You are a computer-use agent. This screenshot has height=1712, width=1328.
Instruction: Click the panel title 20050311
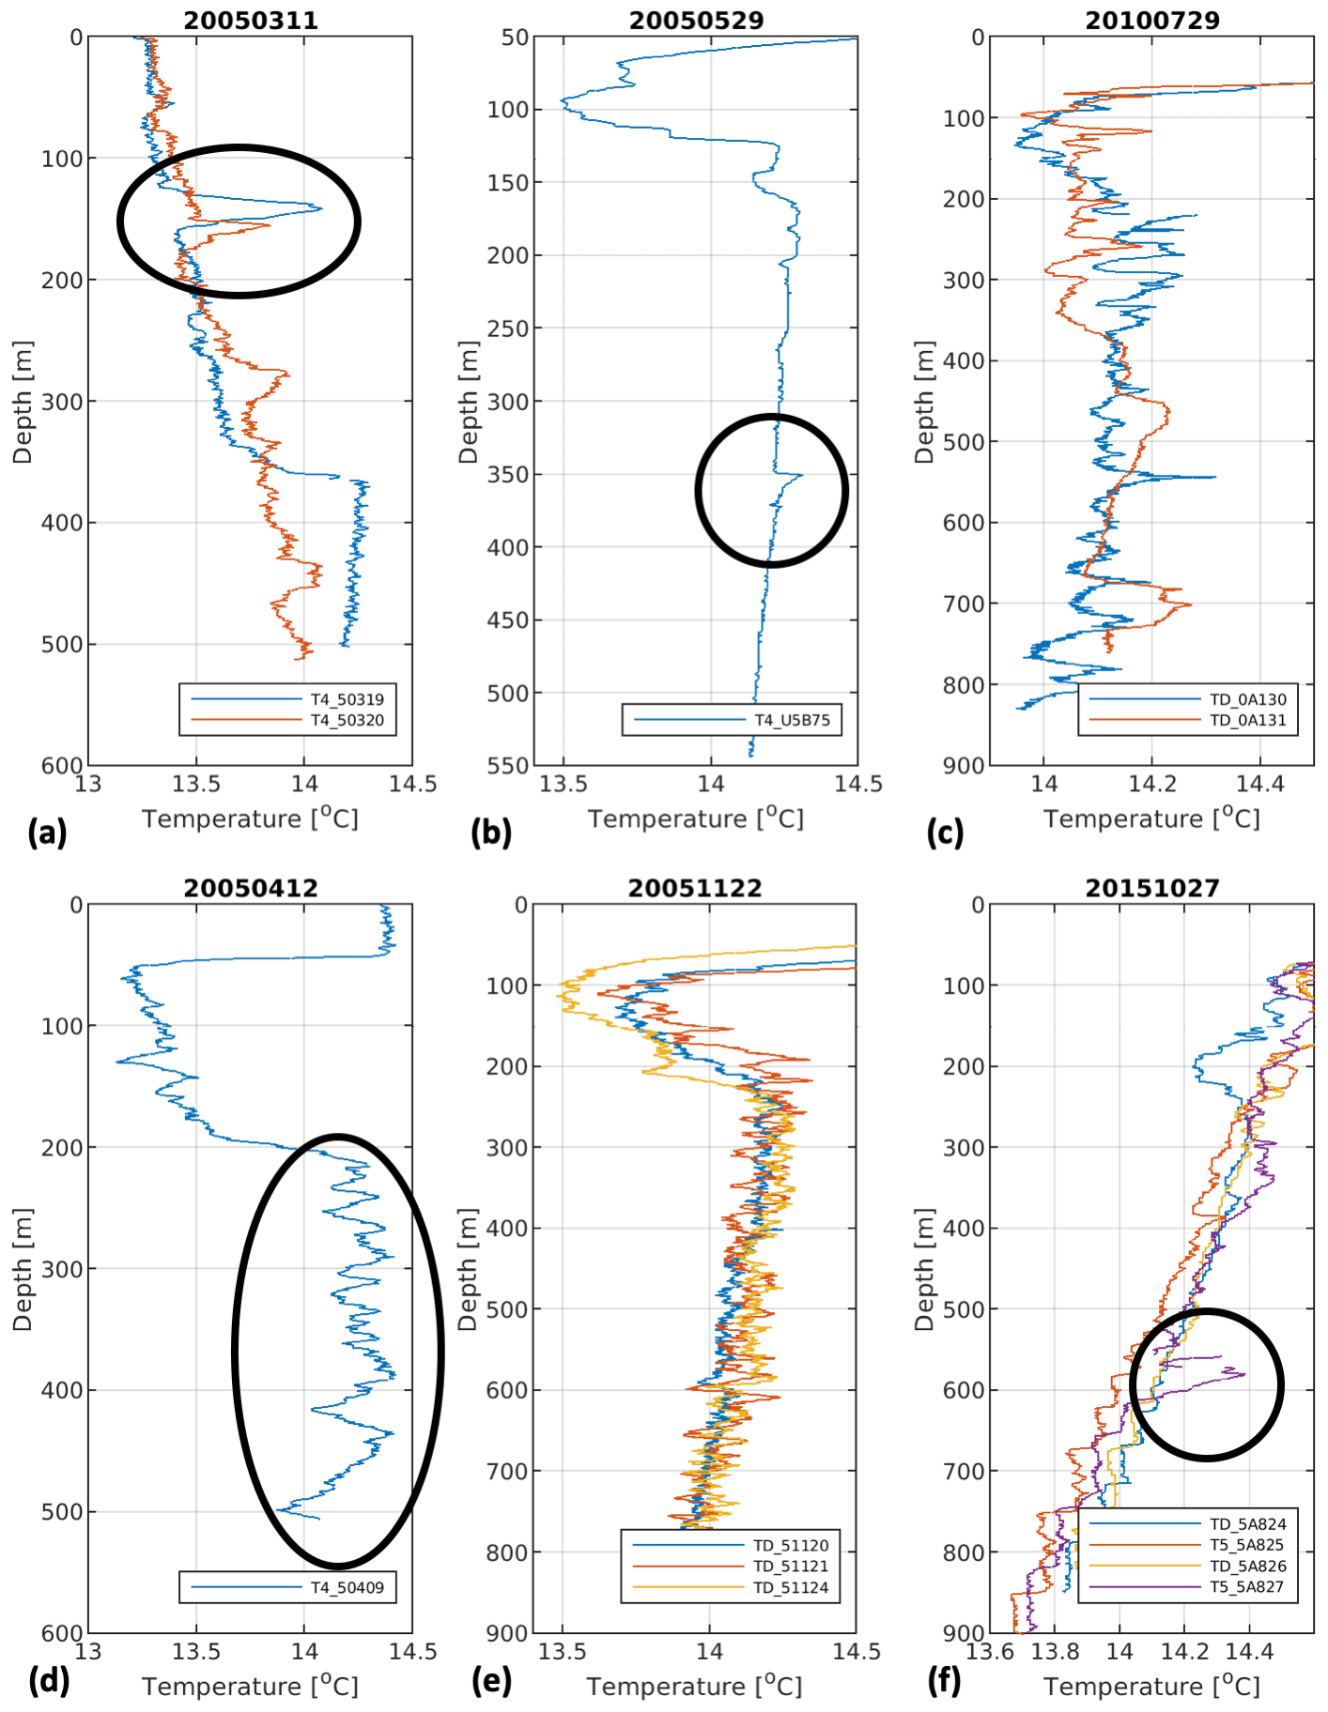(251, 20)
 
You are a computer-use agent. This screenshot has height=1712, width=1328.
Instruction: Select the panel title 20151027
(1152, 888)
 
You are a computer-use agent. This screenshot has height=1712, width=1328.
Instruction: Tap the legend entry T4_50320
(347, 720)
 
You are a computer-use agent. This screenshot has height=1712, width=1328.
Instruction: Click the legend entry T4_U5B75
(793, 720)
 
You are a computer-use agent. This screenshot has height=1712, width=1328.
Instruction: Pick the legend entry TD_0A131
(1247, 720)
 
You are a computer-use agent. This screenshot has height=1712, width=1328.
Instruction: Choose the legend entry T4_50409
(347, 1587)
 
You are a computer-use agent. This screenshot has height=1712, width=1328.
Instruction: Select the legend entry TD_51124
(791, 1587)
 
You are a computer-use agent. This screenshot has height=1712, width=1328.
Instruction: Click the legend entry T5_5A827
(1247, 1587)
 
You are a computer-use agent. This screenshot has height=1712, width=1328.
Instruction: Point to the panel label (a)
(48, 833)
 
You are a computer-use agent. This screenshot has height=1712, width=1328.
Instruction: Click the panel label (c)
(945, 833)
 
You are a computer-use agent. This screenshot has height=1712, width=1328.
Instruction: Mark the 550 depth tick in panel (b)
(508, 765)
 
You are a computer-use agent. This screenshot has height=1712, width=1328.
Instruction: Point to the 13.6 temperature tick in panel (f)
(990, 1651)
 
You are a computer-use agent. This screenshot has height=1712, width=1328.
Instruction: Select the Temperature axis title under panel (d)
(251, 1687)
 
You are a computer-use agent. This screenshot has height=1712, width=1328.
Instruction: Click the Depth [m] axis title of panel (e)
(467, 1269)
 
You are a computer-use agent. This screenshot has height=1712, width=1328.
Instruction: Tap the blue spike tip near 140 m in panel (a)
(321, 208)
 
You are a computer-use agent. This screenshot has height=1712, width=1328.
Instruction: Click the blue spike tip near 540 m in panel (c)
(1215, 477)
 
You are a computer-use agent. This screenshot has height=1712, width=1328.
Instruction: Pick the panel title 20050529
(696, 20)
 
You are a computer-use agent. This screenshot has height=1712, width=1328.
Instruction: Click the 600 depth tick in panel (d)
(62, 1632)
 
